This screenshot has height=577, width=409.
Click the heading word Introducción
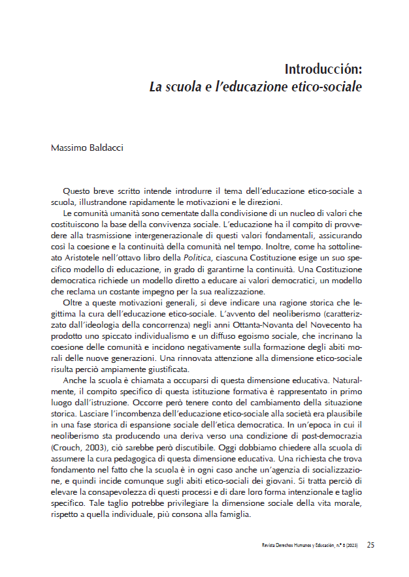(x=323, y=69)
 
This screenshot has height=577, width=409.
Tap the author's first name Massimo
(x=68, y=148)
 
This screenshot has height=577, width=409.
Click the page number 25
(x=370, y=544)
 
